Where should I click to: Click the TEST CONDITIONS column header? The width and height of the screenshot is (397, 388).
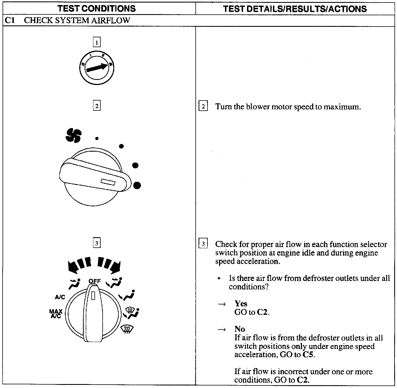(97, 8)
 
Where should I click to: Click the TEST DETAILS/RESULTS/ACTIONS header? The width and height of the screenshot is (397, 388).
(295, 9)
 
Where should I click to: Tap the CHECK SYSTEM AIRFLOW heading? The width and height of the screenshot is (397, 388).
(77, 20)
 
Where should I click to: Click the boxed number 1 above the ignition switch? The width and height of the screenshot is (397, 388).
(97, 43)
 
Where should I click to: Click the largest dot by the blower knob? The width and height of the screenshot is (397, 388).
(137, 185)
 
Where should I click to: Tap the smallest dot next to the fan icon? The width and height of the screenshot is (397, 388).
(97, 138)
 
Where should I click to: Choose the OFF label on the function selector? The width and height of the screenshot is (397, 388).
(94, 281)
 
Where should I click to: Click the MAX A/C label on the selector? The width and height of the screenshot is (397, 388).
(56, 313)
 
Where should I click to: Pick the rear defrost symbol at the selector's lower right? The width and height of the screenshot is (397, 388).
(127, 329)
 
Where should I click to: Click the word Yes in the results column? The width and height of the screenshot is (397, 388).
(241, 304)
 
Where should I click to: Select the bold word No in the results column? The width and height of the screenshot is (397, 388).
(240, 329)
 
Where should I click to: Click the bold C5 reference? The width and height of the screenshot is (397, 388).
(308, 355)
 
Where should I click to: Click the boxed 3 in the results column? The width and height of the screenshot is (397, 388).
(203, 244)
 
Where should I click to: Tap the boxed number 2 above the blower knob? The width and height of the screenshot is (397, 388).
(97, 106)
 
